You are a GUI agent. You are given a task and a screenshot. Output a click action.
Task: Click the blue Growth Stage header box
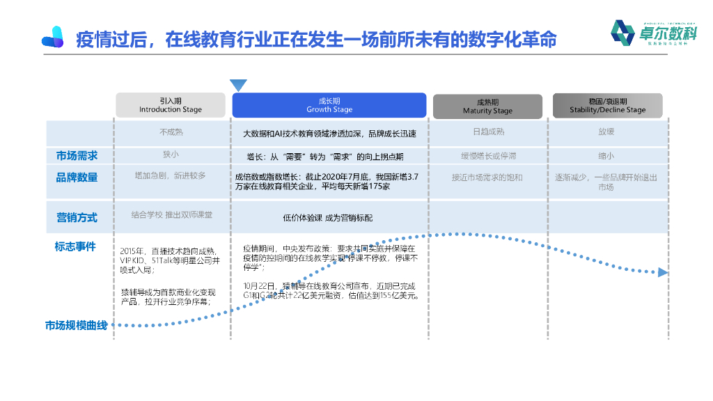point(329,105)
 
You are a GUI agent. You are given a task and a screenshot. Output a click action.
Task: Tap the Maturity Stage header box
point(487,107)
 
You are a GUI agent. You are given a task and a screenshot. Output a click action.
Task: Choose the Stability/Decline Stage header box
point(607,105)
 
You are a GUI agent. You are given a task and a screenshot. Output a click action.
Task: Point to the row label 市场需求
point(77,155)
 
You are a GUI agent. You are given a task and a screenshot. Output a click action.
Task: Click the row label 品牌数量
point(77,178)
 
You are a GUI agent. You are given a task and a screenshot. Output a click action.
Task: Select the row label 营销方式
point(77,217)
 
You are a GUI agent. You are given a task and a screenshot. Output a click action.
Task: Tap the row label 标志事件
point(75,246)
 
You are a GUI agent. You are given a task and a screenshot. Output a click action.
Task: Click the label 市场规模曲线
point(77,325)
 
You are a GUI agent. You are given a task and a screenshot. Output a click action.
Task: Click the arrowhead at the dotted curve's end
point(663,272)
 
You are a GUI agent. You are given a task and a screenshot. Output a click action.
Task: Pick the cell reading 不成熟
point(171,132)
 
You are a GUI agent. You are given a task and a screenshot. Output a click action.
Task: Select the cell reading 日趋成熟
point(487,132)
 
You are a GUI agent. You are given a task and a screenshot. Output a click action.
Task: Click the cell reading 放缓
point(606,132)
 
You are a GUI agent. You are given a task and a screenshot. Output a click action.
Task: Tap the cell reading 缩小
point(606,155)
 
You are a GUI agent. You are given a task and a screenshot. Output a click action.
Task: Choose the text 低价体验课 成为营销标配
point(328,218)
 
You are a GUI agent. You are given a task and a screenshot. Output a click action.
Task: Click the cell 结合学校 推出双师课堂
point(171,214)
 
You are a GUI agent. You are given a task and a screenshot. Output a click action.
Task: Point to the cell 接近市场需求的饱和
point(487,178)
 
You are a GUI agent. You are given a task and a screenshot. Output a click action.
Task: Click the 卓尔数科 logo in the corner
point(653,33)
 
